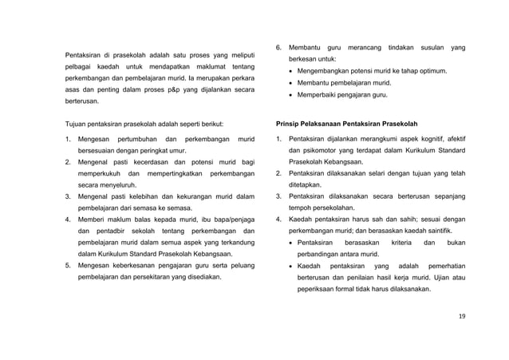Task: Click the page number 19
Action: [x=462, y=316]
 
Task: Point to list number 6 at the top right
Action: [x=278, y=47]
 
